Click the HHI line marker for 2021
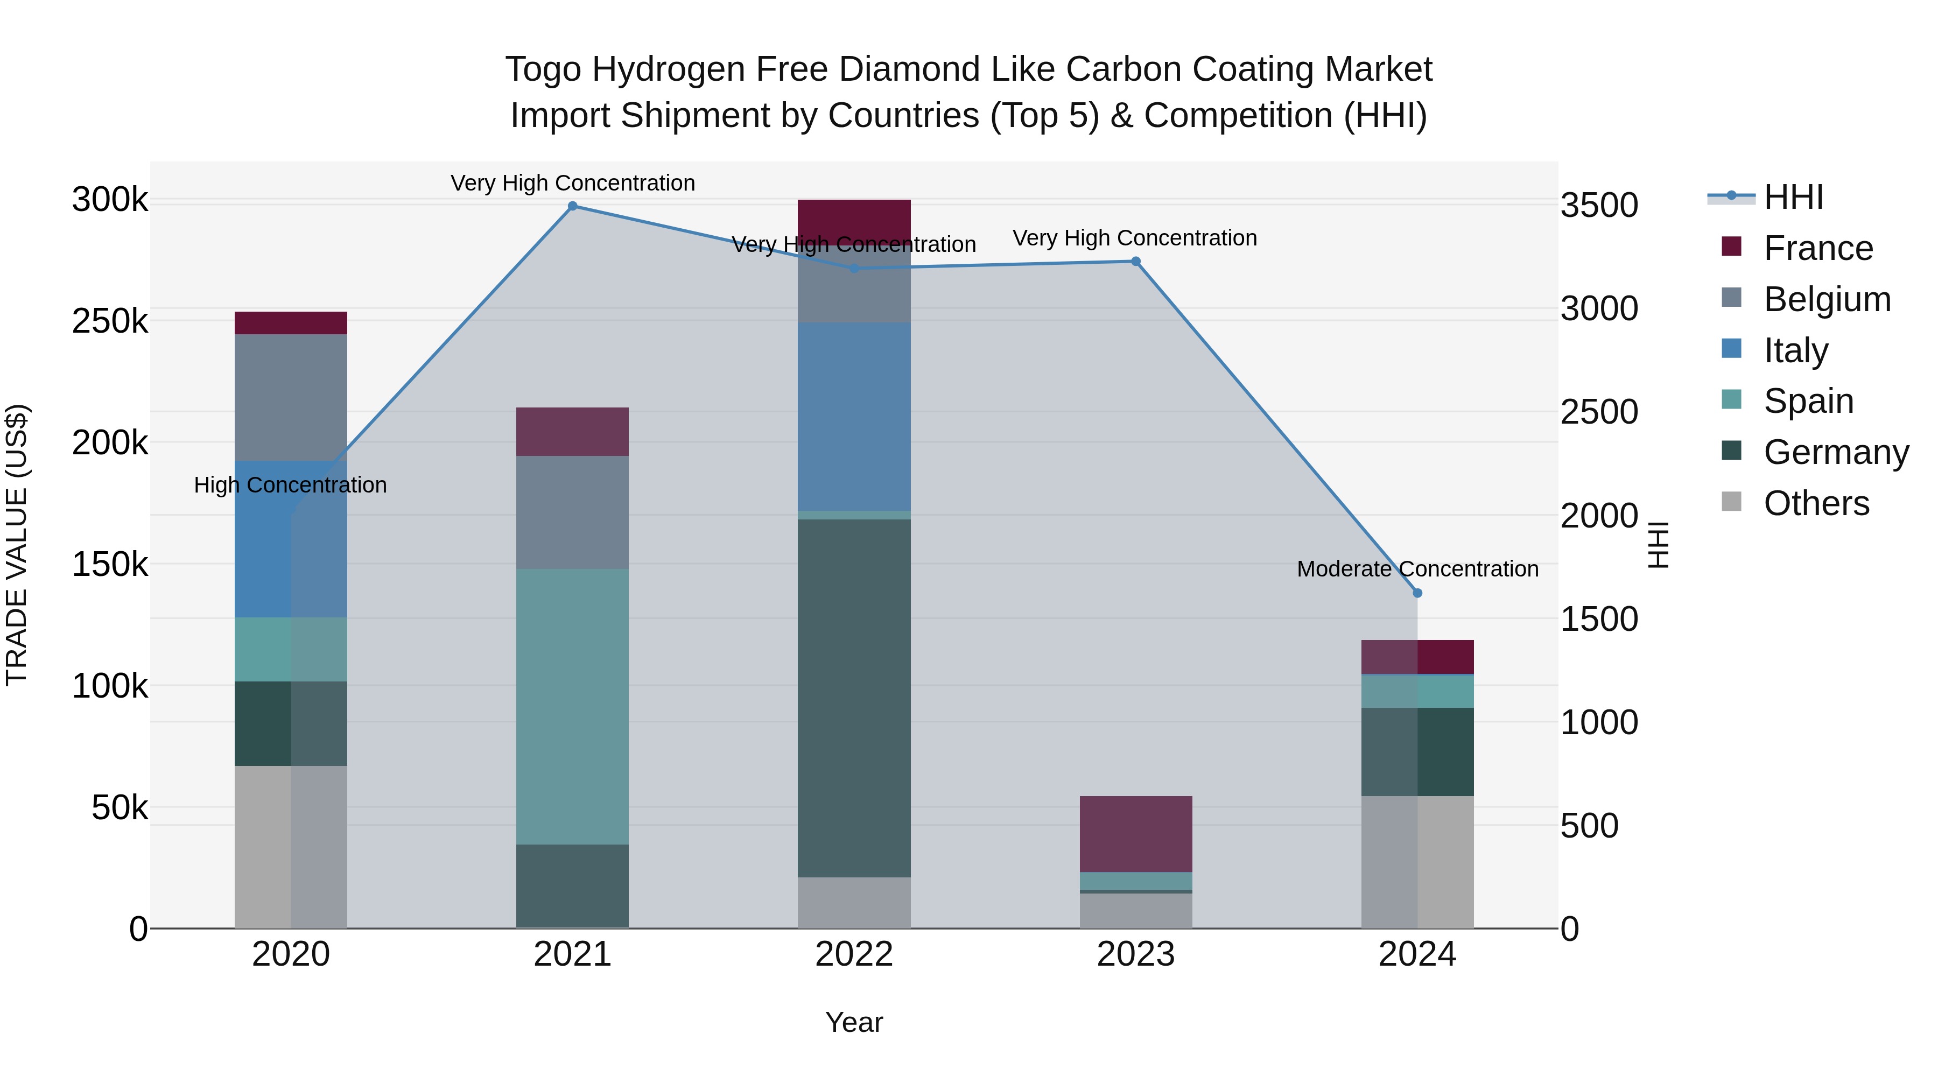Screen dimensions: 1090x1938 pyautogui.click(x=573, y=206)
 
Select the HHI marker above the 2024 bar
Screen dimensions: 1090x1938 pyautogui.click(x=1417, y=593)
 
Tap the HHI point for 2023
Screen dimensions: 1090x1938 pyautogui.click(x=1136, y=262)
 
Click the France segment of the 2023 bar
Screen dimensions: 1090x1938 pyautogui.click(x=1136, y=833)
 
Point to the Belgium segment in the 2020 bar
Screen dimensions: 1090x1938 pyautogui.click(x=291, y=397)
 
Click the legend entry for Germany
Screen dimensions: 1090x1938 pyautogui.click(x=1836, y=452)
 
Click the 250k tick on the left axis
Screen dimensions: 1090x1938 pyautogui.click(x=110, y=322)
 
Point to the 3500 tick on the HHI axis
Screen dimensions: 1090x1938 pyautogui.click(x=1599, y=206)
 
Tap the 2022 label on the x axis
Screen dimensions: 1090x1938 pyautogui.click(x=854, y=954)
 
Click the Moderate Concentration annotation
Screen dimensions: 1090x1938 pyautogui.click(x=1417, y=569)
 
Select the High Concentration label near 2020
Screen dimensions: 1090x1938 pyautogui.click(x=290, y=485)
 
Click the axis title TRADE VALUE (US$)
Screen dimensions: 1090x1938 pyautogui.click(x=17, y=545)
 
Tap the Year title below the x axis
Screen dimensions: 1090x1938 pyautogui.click(x=854, y=1022)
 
